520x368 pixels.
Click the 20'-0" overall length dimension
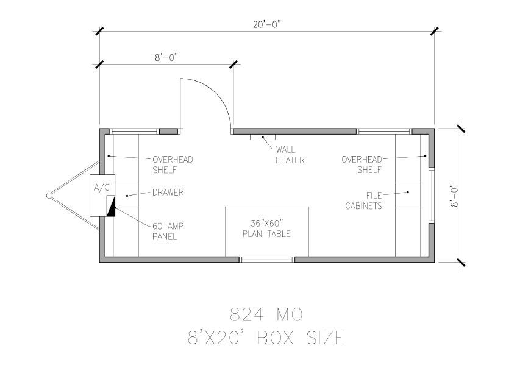click(267, 24)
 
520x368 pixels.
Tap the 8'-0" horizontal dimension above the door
click(166, 58)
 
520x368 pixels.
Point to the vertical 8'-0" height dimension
click(454, 196)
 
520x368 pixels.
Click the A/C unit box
click(102, 196)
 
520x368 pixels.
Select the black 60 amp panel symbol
click(112, 206)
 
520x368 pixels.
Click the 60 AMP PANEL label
click(168, 232)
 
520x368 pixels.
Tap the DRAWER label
click(168, 193)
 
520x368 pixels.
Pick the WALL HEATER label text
click(290, 155)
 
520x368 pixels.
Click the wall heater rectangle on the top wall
click(263, 137)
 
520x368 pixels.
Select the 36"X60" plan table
click(267, 232)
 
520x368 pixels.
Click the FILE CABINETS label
click(364, 200)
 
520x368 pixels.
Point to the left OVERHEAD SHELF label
click(173, 165)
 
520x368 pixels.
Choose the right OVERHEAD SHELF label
click(362, 165)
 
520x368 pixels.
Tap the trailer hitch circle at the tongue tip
click(49, 196)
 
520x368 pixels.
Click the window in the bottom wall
click(267, 260)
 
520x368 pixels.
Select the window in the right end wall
click(432, 196)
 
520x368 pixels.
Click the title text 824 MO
click(266, 314)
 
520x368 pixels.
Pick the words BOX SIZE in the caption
click(301, 338)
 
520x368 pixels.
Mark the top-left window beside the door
click(134, 132)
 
